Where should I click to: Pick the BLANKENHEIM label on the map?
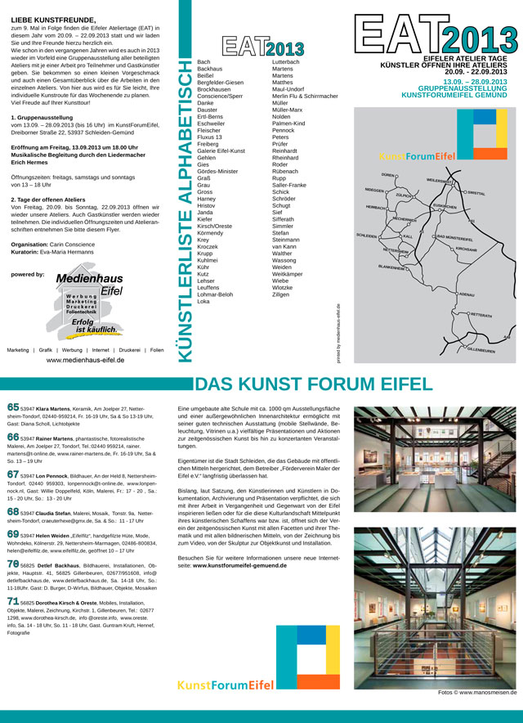[x=391, y=267]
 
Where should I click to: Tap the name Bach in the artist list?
[x=203, y=62]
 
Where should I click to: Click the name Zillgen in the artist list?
[x=282, y=294]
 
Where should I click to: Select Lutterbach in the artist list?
[x=285, y=62]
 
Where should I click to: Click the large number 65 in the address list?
[x=13, y=406]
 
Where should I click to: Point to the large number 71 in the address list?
[x=13, y=601]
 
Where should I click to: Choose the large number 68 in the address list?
[x=13, y=512]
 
